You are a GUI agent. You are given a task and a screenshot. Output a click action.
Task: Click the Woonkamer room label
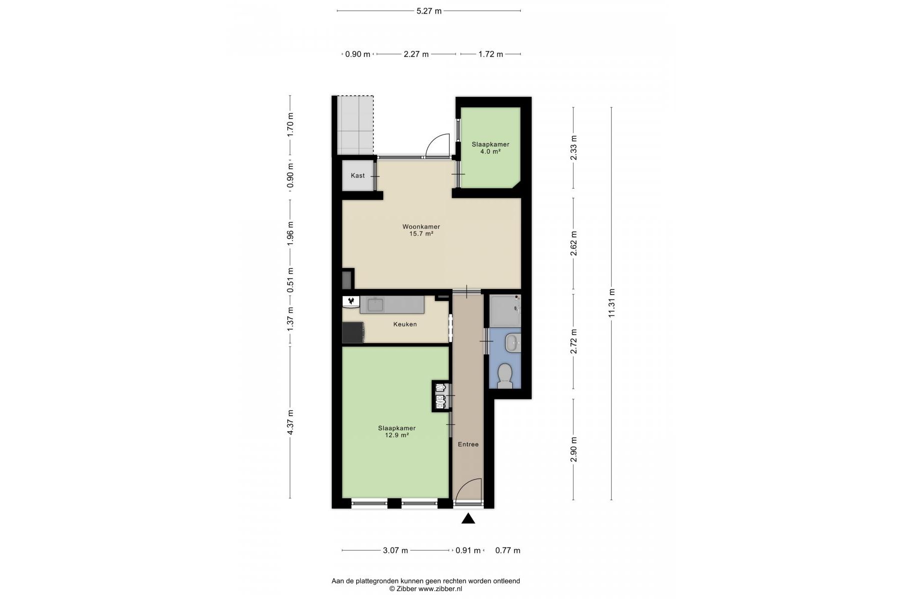pos(421,227)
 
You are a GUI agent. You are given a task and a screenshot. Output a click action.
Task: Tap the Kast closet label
pos(358,176)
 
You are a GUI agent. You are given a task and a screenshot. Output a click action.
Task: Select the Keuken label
pos(405,324)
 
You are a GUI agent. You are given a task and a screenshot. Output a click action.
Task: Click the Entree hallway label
pos(468,444)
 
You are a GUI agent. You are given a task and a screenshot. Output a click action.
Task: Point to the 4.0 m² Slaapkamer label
pos(490,148)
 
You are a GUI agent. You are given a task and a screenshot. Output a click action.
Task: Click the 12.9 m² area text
pos(397,435)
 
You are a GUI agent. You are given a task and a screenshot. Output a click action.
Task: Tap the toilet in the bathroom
pos(505,376)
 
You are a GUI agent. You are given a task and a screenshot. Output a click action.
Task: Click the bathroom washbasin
pos(512,342)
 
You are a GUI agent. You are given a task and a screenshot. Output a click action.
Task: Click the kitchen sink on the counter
pos(375,304)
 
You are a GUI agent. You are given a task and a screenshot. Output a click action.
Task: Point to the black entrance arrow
pos(468,519)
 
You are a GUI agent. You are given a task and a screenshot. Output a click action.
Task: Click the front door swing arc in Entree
pos(474,485)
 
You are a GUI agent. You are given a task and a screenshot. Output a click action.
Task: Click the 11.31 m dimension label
pos(611,303)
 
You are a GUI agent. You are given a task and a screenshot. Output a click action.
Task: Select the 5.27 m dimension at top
pos(429,11)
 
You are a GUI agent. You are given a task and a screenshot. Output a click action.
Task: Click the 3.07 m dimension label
pos(396,551)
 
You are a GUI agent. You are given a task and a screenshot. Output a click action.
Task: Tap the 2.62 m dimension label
pos(574,244)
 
